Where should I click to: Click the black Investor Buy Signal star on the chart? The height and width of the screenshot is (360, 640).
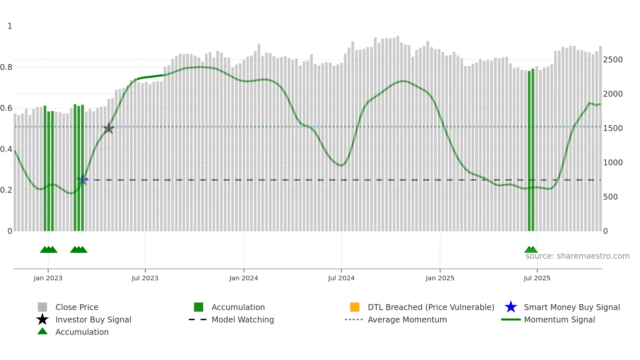(x=108, y=128)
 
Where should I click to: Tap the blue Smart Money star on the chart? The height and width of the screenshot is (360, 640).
(x=83, y=180)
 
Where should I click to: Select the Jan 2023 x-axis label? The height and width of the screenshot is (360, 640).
(x=48, y=278)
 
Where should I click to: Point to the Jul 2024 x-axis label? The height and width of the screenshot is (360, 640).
(x=341, y=278)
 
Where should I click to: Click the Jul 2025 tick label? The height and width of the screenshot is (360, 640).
(x=537, y=278)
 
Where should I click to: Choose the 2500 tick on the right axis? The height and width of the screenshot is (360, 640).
(x=613, y=60)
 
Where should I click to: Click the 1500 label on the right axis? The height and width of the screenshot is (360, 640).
(x=613, y=128)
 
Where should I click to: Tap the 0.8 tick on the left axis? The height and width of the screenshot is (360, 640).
(x=7, y=67)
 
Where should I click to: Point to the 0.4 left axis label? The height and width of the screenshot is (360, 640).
(x=7, y=149)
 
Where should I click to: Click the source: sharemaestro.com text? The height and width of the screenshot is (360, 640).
(x=577, y=256)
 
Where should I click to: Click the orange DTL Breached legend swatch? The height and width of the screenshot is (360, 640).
(x=355, y=307)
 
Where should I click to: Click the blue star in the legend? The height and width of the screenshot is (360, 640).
(x=511, y=307)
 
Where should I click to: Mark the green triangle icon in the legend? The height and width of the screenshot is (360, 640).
(x=42, y=331)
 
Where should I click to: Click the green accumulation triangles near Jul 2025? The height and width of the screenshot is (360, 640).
(x=531, y=250)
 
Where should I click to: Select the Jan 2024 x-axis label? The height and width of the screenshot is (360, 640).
(x=244, y=278)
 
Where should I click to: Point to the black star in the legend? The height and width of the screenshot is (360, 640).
(x=42, y=319)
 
